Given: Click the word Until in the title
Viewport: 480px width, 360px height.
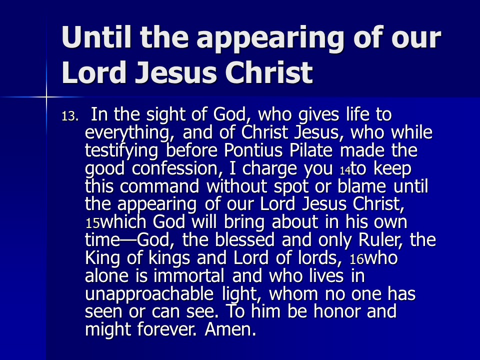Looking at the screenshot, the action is pos(96,37).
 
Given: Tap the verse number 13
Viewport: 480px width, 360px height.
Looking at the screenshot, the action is pos(70,116).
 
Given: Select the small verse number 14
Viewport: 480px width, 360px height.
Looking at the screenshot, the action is pos(345,170).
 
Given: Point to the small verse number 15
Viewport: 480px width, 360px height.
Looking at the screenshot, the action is pos(92,223).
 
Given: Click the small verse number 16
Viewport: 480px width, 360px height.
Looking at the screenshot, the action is pos(356,259).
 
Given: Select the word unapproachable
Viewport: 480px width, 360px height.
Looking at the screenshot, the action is pos(149,294).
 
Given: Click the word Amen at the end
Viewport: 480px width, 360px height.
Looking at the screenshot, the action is pos(230,329).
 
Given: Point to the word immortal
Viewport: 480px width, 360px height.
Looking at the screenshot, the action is pos(188,275).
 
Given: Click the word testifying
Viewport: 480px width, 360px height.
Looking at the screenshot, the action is pos(121,151).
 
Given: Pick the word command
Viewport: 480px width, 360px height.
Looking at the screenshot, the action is pos(159,186).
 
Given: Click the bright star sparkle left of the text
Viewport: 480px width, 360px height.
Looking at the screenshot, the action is pos(46,97).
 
